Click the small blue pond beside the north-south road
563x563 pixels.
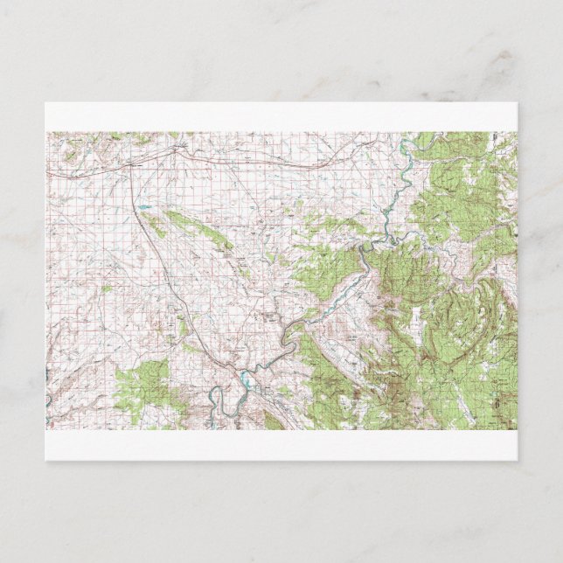tap(142, 207)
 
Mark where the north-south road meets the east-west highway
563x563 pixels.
tap(132, 166)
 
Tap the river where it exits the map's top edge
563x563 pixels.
tap(407, 136)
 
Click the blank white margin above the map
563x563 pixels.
tap(280, 117)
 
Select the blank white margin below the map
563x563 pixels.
tap(280, 444)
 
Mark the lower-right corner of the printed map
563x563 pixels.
tap(516, 428)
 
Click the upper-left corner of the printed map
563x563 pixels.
tap(47, 133)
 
